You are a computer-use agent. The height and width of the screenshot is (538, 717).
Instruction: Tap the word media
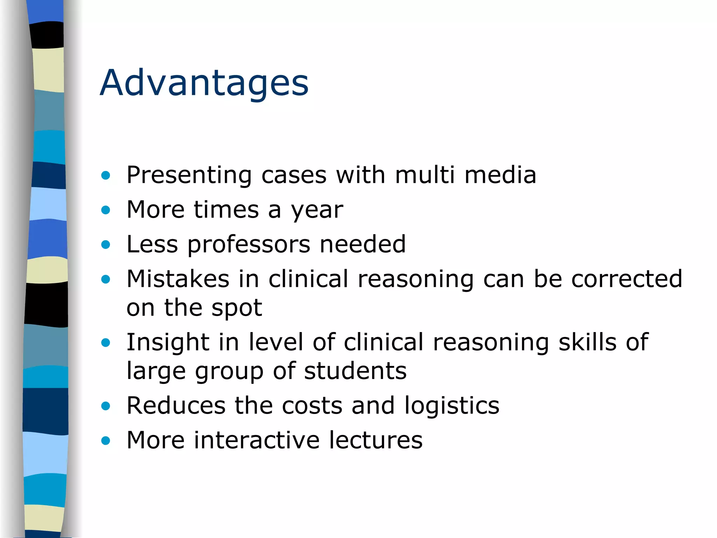click(500, 175)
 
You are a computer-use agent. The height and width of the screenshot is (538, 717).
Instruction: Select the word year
click(317, 210)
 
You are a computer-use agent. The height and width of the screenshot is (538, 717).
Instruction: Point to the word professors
click(249, 244)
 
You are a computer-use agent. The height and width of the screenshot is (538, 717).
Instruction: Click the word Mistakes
click(178, 279)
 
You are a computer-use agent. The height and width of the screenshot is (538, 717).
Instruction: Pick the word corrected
click(627, 279)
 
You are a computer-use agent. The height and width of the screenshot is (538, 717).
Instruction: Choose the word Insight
click(167, 343)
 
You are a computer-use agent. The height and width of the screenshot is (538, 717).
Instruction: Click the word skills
click(587, 342)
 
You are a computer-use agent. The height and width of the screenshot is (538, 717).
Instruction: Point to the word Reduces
click(176, 405)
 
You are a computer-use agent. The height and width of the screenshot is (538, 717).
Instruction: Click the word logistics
click(452, 406)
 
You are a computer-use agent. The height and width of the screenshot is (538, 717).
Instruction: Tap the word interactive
click(257, 440)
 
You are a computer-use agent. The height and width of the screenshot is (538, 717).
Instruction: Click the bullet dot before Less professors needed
click(105, 244)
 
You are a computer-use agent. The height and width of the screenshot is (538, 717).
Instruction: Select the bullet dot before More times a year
click(105, 210)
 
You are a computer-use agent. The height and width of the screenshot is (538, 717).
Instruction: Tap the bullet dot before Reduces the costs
click(105, 406)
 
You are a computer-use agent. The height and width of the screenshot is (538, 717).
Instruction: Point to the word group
click(229, 371)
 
